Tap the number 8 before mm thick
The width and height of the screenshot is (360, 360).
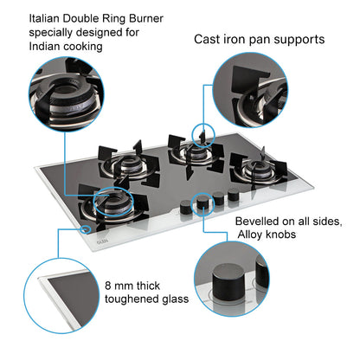click(108, 285)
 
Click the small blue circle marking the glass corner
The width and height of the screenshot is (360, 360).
click(85, 230)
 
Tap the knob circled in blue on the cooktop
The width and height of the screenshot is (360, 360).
click(202, 205)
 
